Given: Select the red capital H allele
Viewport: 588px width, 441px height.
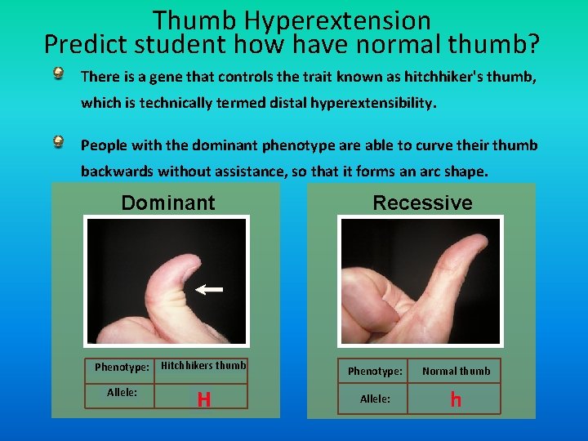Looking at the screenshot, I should pyautogui.click(x=203, y=399).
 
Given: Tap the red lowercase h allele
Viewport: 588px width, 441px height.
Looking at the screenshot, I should pyautogui.click(x=456, y=399).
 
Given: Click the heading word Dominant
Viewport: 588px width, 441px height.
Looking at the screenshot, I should pyautogui.click(x=168, y=203).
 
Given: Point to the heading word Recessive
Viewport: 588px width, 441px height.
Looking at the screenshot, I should pyautogui.click(x=422, y=203).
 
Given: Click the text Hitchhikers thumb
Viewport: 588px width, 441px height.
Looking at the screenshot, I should pyautogui.click(x=203, y=366).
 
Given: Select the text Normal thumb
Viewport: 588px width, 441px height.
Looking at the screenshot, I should pyautogui.click(x=456, y=371).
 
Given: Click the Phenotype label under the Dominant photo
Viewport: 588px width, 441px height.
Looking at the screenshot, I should pyautogui.click(x=122, y=367).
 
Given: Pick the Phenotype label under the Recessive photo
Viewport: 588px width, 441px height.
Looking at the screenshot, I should pyautogui.click(x=375, y=371).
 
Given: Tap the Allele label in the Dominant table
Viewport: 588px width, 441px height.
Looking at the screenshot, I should pyautogui.click(x=122, y=393).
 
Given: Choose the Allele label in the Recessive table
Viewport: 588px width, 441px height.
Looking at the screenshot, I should pyautogui.click(x=375, y=399).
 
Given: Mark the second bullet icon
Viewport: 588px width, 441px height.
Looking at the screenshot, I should pyautogui.click(x=60, y=143).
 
